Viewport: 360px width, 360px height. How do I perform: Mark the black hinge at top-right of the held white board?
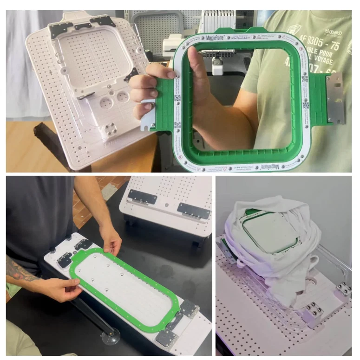click(103, 21)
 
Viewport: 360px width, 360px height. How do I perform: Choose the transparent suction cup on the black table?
click(111, 336)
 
